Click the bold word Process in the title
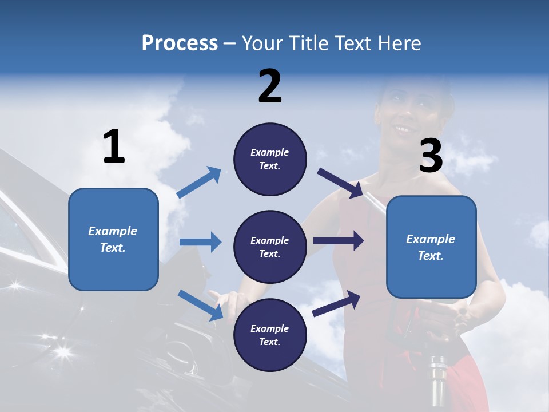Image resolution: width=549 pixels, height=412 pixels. tap(180, 43)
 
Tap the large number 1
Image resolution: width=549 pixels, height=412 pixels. tap(114, 146)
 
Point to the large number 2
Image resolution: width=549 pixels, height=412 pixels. tap(270, 86)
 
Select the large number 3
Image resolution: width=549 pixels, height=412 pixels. tap(431, 156)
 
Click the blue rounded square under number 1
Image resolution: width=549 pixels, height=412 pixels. tap(113, 239)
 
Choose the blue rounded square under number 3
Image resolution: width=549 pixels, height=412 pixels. tap(431, 247)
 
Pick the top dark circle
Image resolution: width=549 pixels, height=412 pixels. tap(270, 159)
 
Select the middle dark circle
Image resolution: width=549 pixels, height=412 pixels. tap(270, 247)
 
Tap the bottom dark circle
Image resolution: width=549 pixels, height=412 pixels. tap(270, 335)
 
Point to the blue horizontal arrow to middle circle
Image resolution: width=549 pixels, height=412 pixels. tap(200, 241)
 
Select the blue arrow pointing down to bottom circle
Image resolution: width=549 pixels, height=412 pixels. tap(200, 305)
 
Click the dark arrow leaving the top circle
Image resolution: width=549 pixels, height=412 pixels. tap(341, 183)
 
